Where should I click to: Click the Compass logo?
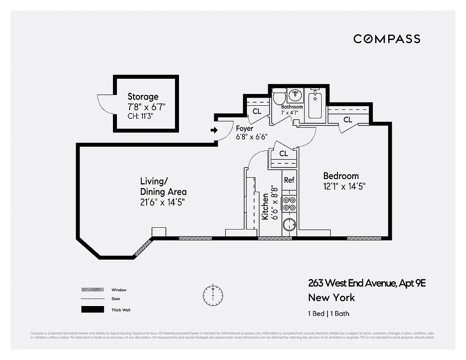click(387, 39)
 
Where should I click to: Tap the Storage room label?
click(143, 96)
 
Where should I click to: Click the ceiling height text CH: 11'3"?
click(143, 116)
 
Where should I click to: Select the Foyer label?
click(245, 128)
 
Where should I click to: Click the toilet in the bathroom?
click(279, 96)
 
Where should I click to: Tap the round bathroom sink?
click(296, 94)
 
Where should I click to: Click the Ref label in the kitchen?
click(289, 180)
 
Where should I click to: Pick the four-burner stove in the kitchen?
click(289, 204)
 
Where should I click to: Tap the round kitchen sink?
click(290, 224)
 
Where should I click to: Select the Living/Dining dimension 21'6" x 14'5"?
click(162, 202)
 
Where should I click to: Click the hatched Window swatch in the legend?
click(91, 290)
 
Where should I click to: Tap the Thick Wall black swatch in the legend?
click(91, 310)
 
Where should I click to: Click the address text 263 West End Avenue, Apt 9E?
click(367, 283)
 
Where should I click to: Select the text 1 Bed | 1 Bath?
click(328, 314)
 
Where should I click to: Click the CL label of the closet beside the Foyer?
click(257, 111)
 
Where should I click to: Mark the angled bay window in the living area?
click(144, 248)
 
